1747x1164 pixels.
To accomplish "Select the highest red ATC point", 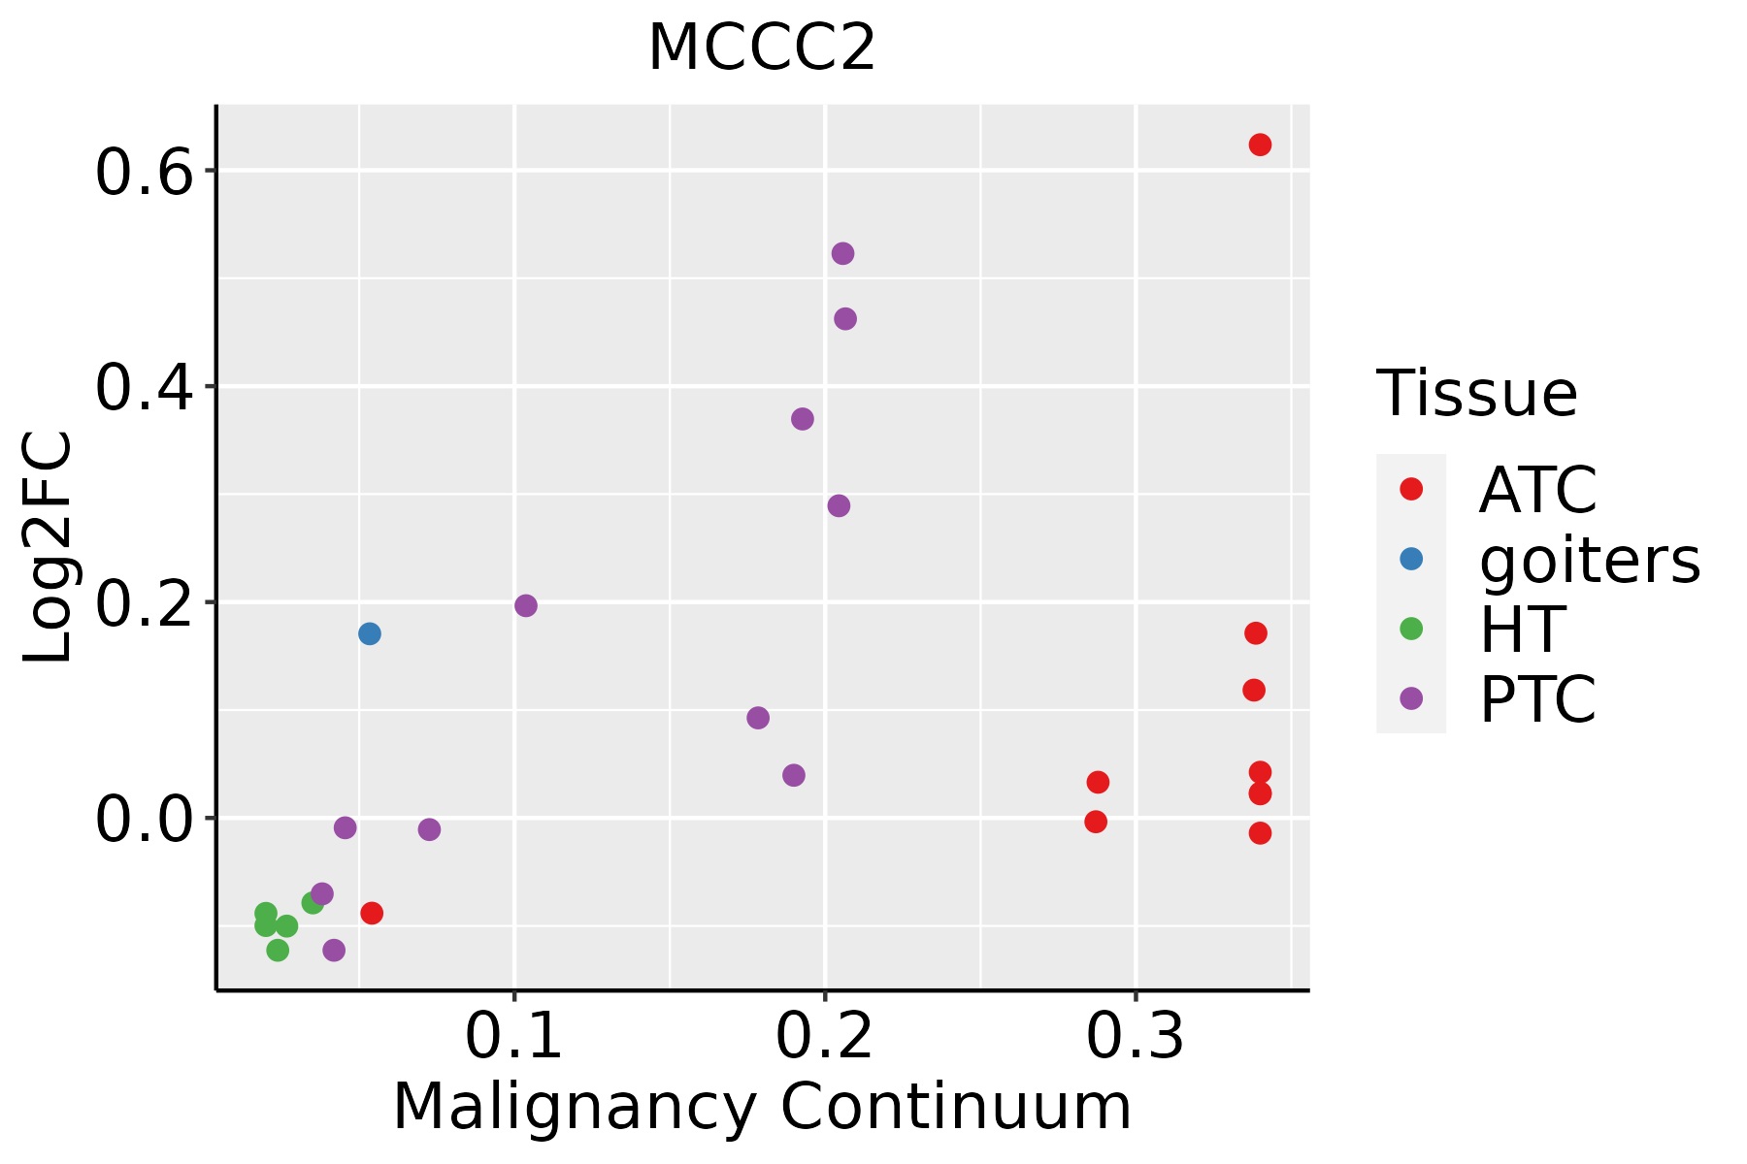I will tap(1260, 145).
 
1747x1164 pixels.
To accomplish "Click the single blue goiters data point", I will tap(370, 634).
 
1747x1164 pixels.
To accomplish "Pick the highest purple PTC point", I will tap(842, 254).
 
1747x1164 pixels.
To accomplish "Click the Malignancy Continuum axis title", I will tap(762, 1107).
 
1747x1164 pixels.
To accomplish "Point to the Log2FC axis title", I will tap(49, 548).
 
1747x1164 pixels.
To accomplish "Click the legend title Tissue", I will tap(1477, 394).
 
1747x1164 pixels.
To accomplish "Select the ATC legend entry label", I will tap(1537, 490).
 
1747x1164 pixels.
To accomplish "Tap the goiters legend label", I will tap(1590, 560).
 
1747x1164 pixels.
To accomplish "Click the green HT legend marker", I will tap(1411, 629).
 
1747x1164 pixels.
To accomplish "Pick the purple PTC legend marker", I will tap(1411, 698).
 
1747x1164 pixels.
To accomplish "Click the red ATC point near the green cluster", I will tap(372, 914).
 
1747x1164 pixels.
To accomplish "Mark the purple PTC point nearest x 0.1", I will tap(526, 606).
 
